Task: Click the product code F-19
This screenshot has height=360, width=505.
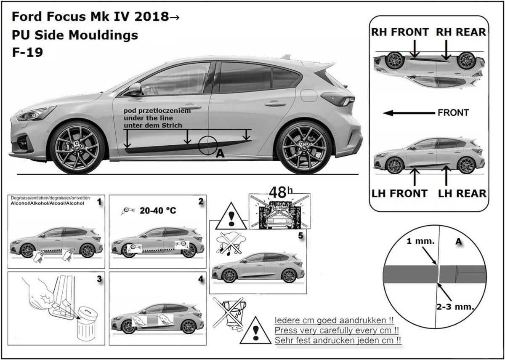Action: click(27, 52)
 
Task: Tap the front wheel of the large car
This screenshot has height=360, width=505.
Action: click(77, 147)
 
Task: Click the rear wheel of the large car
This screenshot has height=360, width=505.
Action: click(305, 147)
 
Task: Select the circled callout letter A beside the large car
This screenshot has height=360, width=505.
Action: click(220, 154)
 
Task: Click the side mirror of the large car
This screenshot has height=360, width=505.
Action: click(134, 89)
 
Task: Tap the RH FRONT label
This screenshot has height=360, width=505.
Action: click(400, 32)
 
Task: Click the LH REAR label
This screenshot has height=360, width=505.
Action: click(462, 194)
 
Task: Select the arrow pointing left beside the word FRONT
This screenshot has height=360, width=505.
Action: click(409, 113)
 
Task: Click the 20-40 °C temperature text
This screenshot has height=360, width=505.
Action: click(158, 211)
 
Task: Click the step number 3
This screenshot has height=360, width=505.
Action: click(99, 279)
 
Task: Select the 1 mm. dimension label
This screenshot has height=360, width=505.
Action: click(420, 241)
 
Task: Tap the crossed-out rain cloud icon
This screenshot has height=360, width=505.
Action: click(230, 244)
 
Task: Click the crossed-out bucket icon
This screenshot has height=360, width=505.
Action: click(230, 312)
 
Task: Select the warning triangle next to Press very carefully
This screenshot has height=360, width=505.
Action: click(255, 331)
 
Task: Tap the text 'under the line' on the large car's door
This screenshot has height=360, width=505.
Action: click(148, 118)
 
